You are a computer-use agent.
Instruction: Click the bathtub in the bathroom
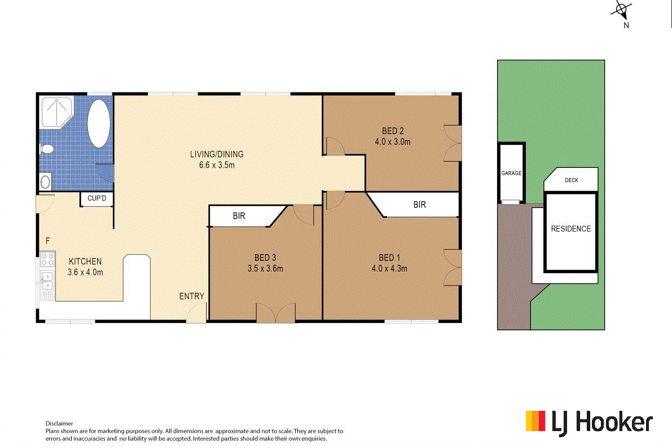click(x=99, y=124)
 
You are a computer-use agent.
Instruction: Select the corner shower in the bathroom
click(x=57, y=112)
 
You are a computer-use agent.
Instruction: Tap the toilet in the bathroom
click(x=47, y=149)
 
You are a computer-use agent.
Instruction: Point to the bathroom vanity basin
click(x=45, y=182)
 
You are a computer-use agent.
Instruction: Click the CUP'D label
click(x=97, y=199)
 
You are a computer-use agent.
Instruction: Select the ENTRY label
click(x=192, y=296)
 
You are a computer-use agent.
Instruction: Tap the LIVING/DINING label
click(x=216, y=154)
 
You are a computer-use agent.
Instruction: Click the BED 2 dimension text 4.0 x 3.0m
click(x=392, y=142)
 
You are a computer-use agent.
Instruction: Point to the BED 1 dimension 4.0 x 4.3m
click(x=389, y=268)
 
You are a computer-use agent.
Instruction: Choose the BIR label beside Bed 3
click(x=239, y=216)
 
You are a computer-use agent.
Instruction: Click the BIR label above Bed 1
click(x=419, y=205)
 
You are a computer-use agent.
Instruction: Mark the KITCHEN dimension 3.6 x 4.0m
click(x=85, y=272)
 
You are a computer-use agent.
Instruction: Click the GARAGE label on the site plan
click(x=511, y=174)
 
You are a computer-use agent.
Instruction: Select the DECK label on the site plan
click(x=571, y=181)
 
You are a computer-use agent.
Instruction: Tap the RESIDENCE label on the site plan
click(x=571, y=229)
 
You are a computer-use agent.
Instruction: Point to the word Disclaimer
click(x=59, y=423)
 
